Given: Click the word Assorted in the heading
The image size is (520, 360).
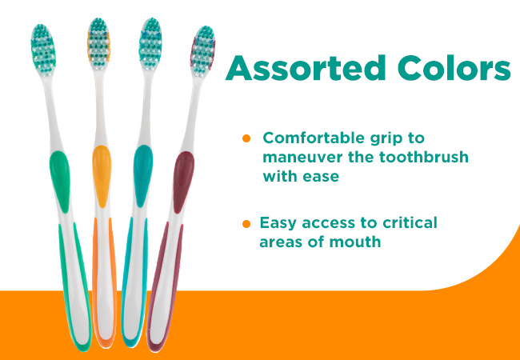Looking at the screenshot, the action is pos(306,68).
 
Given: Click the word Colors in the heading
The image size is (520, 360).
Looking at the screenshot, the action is pos(454,68).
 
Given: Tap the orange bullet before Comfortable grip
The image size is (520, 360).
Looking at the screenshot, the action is pos(246,138).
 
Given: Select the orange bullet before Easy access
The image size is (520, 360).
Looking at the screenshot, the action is pos(246,224).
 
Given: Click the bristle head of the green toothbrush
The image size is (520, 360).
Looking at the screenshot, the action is pos(43,50).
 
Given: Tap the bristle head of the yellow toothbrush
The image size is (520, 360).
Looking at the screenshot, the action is pos(98,44).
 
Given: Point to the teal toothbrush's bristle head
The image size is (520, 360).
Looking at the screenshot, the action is pos(150,44).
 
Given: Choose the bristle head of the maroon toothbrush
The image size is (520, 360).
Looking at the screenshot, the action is pos(202,52).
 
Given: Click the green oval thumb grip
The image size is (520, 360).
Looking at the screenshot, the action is pos(60,181).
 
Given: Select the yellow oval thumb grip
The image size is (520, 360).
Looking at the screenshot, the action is pos(102,176).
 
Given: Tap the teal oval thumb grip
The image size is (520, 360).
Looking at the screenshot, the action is pos(143,176).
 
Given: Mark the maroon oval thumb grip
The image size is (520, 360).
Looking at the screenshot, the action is pos(183,182).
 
